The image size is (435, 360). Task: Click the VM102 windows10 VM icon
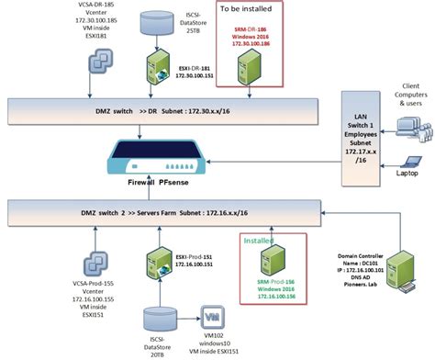(x=212, y=314)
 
